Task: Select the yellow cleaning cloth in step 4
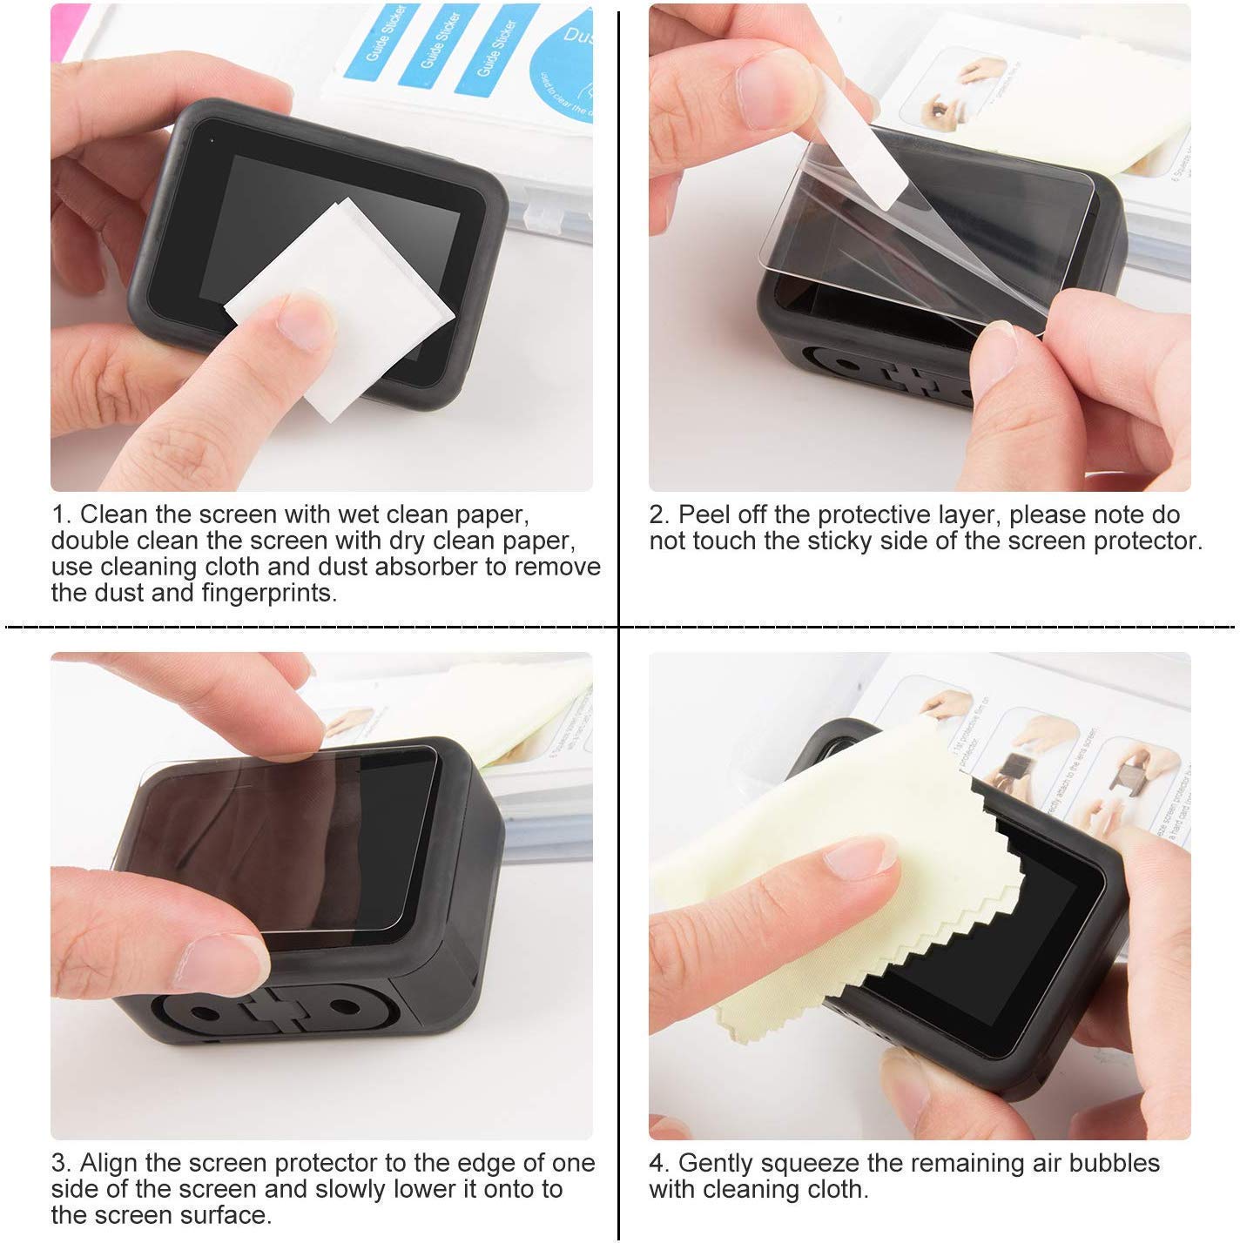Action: coord(836,836)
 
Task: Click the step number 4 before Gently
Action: coord(657,1164)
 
